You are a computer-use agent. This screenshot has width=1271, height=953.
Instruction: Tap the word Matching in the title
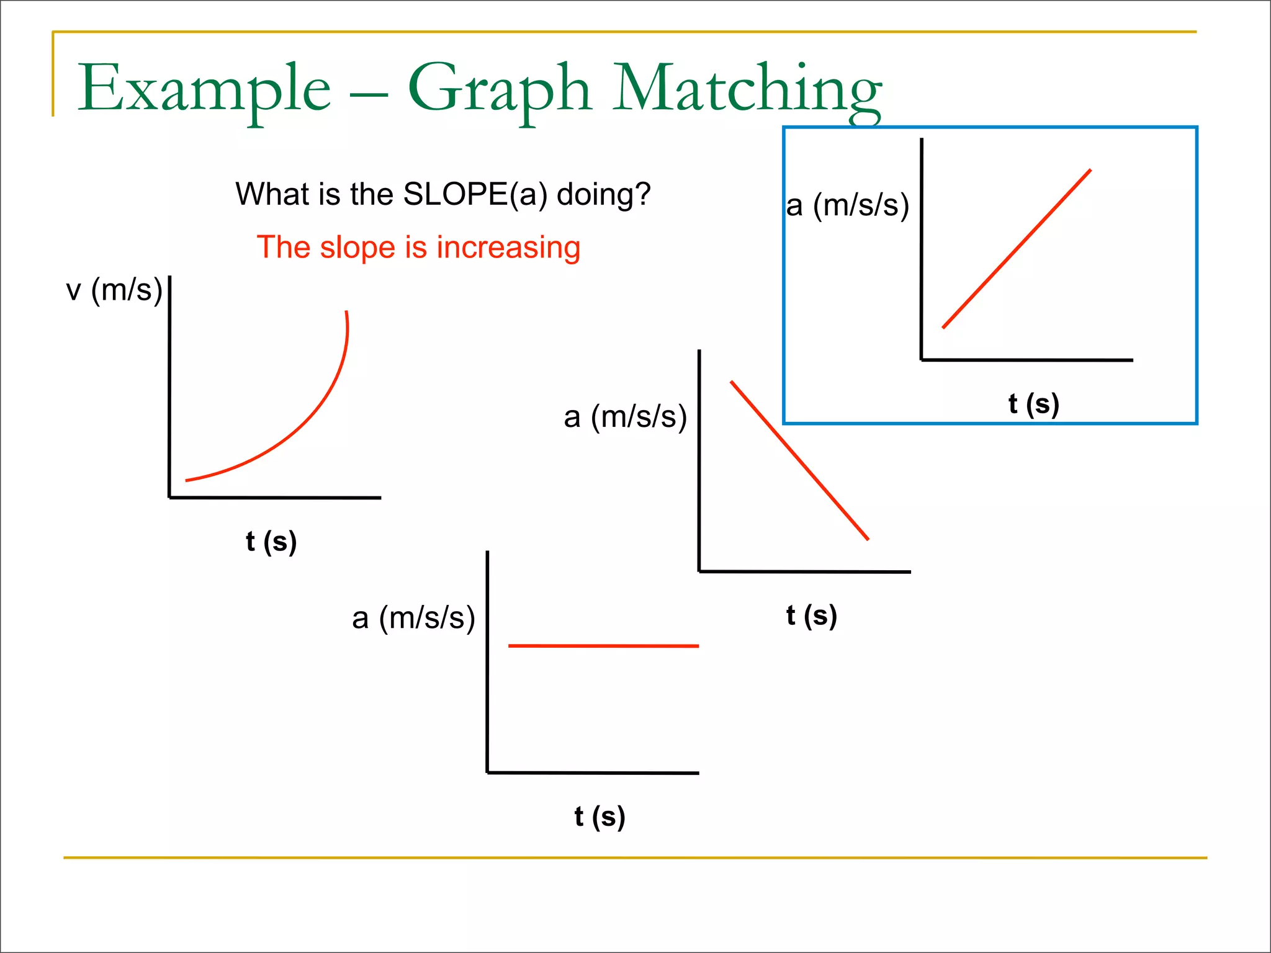pos(747,89)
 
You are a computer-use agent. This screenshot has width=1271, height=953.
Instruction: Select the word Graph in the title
pos(499,89)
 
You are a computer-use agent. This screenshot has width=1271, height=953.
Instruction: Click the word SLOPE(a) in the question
pos(475,194)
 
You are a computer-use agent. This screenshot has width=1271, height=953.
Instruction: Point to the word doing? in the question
pos(603,194)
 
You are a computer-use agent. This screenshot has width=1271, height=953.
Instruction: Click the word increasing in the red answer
pos(508,247)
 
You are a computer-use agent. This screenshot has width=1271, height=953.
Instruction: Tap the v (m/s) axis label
pos(114,290)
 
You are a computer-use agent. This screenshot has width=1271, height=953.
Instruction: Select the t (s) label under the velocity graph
pos(271,541)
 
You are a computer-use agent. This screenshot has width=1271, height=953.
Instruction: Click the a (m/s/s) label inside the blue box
pos(848,205)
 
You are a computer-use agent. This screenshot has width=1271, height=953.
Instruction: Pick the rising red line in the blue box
pos(1017,248)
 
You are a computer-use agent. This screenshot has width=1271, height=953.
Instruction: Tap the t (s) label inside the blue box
pos(1033,404)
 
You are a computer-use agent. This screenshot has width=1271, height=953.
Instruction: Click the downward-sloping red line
pos(799,460)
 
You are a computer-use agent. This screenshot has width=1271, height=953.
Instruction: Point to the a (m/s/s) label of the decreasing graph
pos(626,416)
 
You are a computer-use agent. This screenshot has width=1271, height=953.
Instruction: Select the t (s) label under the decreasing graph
pos(811,615)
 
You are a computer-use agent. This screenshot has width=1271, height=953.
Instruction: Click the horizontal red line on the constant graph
pos(603,646)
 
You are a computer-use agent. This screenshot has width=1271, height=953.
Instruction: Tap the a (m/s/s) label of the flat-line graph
pos(413,618)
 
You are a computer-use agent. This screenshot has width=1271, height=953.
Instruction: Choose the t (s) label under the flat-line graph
pos(600,817)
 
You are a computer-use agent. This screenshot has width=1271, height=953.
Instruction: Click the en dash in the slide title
pos(369,96)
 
